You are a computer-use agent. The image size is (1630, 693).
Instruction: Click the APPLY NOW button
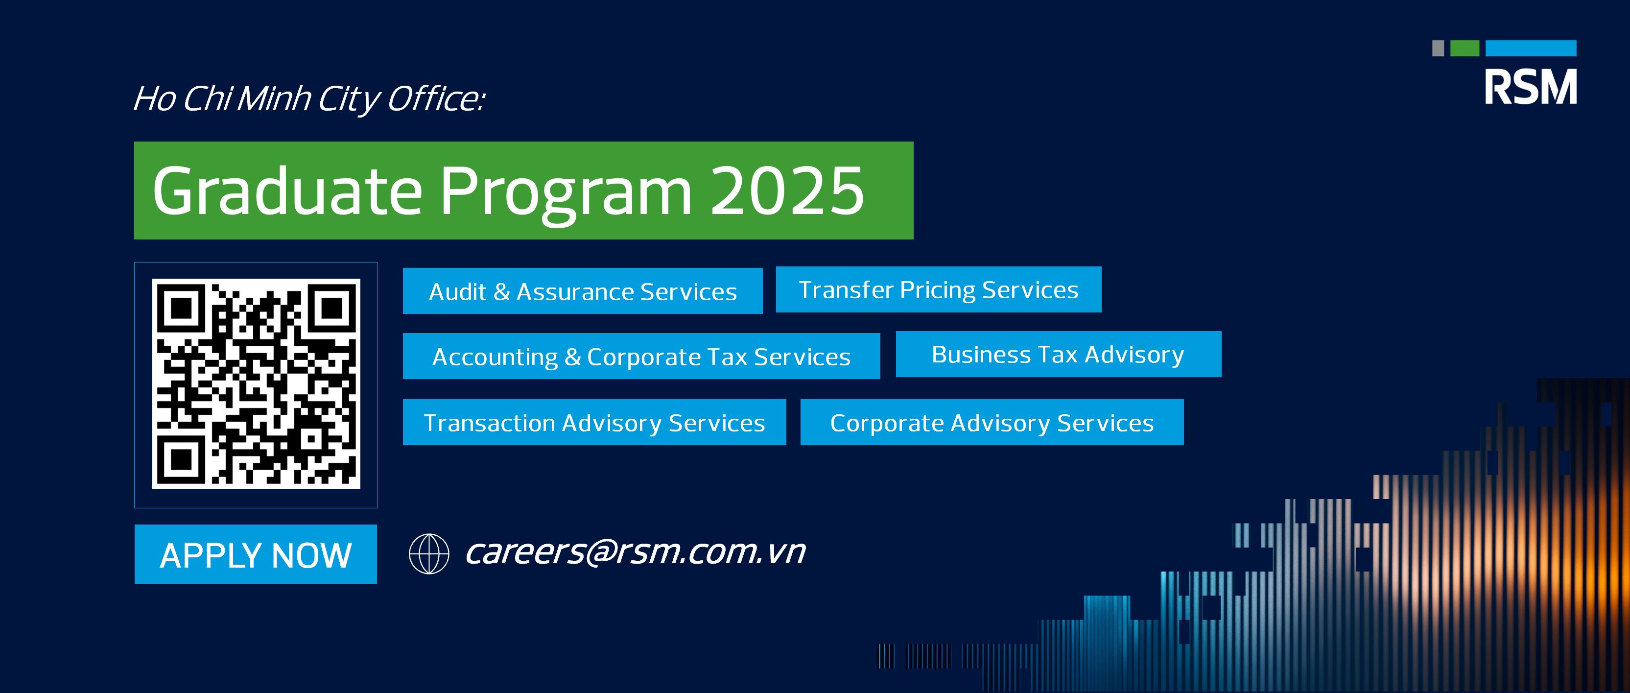pyautogui.click(x=256, y=554)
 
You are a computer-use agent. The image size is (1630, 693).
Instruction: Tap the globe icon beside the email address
pyautogui.click(x=429, y=554)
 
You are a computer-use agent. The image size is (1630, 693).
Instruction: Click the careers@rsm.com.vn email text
pyautogui.click(x=635, y=552)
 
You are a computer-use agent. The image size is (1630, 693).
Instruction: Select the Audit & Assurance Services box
pyautogui.click(x=583, y=291)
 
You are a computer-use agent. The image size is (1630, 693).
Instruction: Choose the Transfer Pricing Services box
pyautogui.click(x=939, y=289)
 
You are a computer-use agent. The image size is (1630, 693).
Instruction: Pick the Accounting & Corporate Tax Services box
pyautogui.click(x=641, y=357)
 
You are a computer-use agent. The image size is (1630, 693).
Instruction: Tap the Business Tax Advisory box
pyautogui.click(x=1059, y=354)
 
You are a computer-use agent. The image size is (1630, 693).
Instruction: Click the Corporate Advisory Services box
pyautogui.click(x=992, y=422)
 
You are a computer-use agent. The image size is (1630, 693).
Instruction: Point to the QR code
pyautogui.click(x=256, y=383)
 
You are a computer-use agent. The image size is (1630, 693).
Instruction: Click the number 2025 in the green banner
pyautogui.click(x=787, y=191)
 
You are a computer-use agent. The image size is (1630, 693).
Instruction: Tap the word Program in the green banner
pyautogui.click(x=567, y=193)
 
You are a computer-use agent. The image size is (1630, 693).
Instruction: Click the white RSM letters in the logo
pyautogui.click(x=1531, y=87)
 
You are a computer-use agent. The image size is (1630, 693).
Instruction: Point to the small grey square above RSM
pyautogui.click(x=1438, y=48)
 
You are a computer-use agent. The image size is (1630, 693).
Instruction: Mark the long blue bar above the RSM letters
pyautogui.click(x=1531, y=48)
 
